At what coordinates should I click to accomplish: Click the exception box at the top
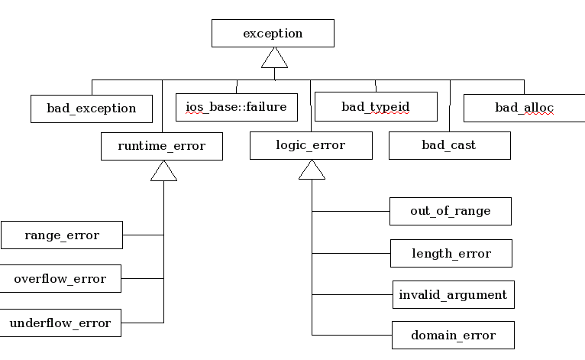coord(273,33)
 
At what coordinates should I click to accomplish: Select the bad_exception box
coord(92,109)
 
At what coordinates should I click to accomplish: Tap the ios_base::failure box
coord(237,107)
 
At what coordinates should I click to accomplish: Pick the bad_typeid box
coord(376,106)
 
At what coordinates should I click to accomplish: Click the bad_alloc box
coord(524,108)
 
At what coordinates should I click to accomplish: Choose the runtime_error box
coord(162,146)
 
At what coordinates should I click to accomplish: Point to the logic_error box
coord(311,145)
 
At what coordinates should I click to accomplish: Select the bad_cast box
coord(450,145)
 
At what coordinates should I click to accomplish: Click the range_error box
coord(62,235)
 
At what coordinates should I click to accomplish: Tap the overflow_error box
coord(60,278)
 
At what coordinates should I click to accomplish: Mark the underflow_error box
coord(60,323)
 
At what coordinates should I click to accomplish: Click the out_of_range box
coord(451,212)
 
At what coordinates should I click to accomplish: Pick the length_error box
coord(451,254)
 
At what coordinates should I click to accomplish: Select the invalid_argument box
coord(454,294)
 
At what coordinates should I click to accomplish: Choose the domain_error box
coord(454,335)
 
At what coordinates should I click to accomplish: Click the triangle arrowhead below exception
coord(275,58)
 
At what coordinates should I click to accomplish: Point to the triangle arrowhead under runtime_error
coord(163,171)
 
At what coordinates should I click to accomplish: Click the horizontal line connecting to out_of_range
coord(351,212)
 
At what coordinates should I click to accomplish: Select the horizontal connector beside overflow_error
coord(143,278)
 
